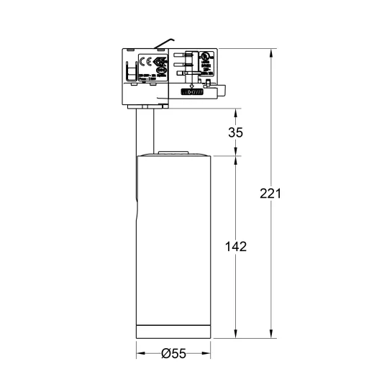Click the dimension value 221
coord(270,194)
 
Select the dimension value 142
coord(235,246)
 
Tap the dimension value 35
coord(235,132)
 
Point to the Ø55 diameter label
coord(173,353)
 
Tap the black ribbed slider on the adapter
coord(192,92)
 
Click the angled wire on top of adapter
coord(168,42)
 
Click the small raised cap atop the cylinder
coord(173,152)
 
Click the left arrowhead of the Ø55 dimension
coord(140,353)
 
